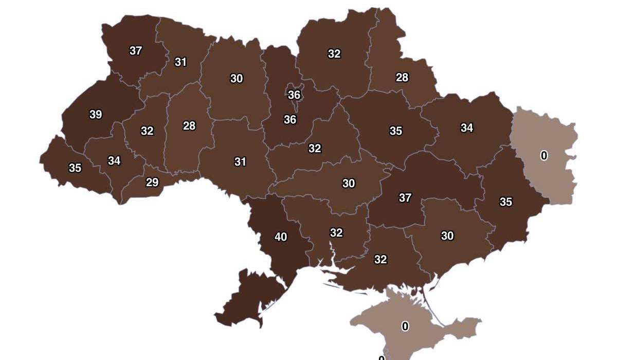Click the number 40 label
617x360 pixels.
point(281,237)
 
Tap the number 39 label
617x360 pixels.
point(96,115)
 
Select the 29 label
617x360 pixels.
point(152,182)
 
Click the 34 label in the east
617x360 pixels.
point(467,128)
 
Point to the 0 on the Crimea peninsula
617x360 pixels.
point(405,327)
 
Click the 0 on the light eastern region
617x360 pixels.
point(544,156)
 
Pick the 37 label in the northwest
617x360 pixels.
point(136,51)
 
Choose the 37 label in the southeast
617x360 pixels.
point(405,198)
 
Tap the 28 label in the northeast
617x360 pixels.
point(402,78)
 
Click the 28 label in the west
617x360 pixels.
point(189,126)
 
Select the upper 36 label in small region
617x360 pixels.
point(294,95)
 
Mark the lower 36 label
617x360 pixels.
point(290,120)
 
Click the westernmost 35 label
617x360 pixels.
point(75,168)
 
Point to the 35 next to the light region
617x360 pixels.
point(506,202)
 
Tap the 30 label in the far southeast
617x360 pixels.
point(447,236)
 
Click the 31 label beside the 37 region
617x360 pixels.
point(180,62)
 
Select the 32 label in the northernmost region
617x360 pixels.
point(334,54)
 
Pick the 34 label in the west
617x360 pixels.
point(114,161)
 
